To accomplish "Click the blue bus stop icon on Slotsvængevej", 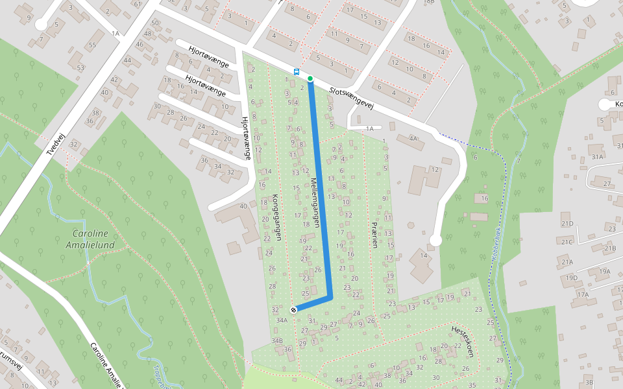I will (297, 72).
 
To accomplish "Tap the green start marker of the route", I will (310, 78).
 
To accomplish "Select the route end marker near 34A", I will (293, 309).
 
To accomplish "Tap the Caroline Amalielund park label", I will (90, 239).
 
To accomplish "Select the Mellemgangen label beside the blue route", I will (315, 202).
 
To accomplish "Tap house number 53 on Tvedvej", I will (80, 67).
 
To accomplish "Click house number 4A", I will (413, 138).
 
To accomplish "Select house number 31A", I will (597, 157).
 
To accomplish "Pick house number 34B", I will (277, 340).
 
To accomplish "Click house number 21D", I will (567, 224).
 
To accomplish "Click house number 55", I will (92, 45).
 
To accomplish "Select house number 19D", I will (571, 277).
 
